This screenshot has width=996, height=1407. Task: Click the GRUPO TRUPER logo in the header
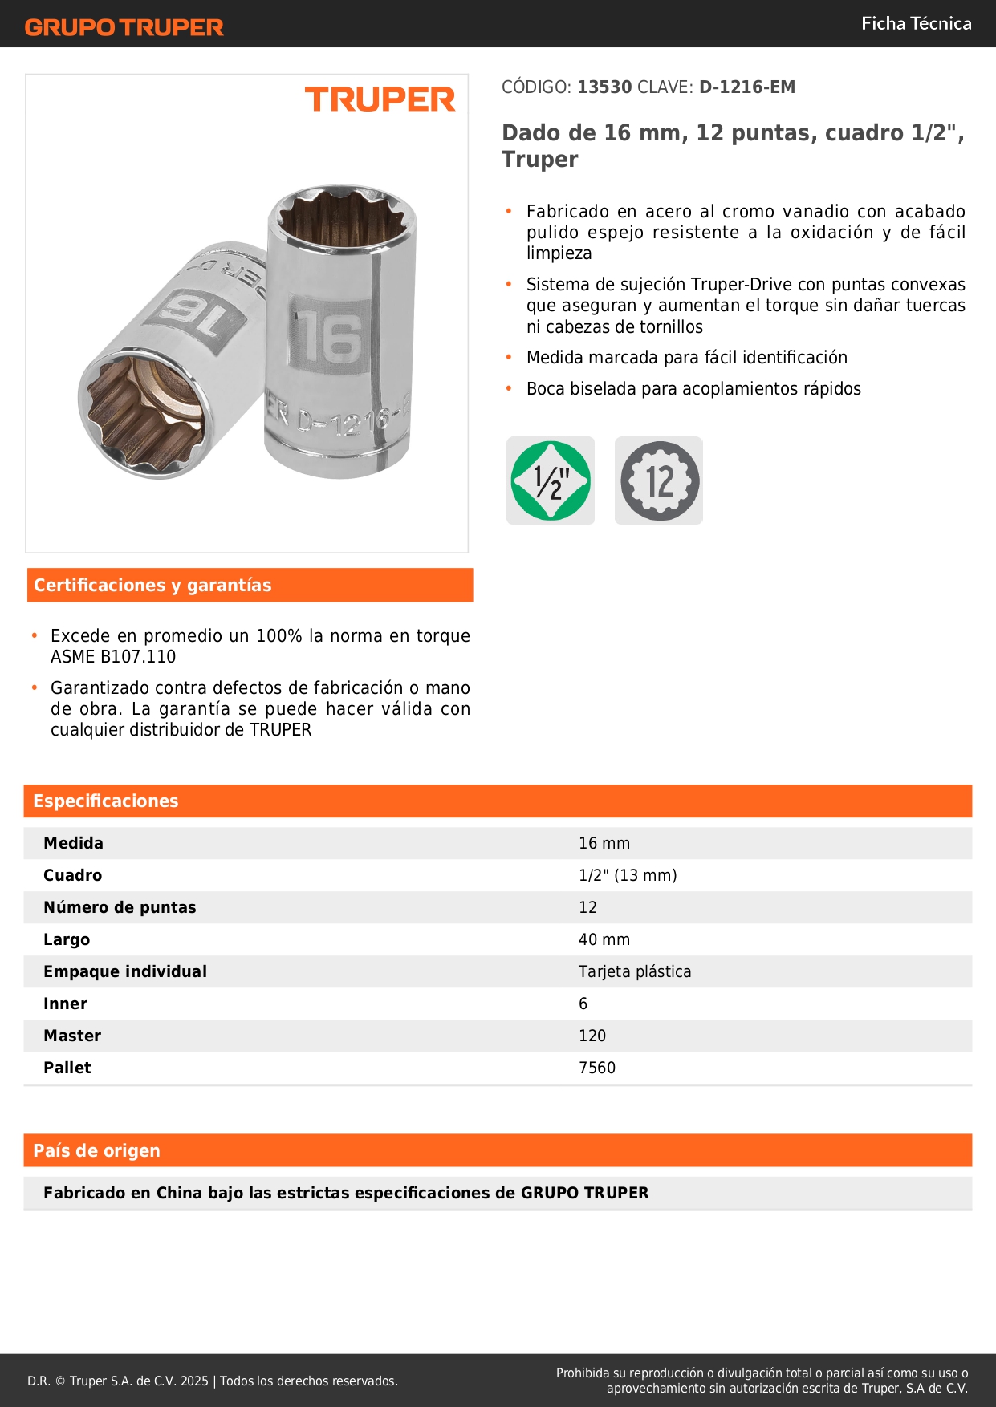click(124, 27)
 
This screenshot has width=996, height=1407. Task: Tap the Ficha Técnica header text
click(916, 23)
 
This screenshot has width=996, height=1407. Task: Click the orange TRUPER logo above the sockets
click(380, 99)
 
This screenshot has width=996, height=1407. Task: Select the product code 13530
click(604, 87)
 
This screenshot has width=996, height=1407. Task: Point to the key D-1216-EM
click(746, 87)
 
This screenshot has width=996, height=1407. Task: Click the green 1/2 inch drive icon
click(551, 480)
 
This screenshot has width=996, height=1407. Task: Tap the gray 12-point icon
click(659, 480)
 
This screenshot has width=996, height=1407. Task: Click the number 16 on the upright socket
click(330, 339)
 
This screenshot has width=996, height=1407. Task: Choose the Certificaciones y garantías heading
click(152, 585)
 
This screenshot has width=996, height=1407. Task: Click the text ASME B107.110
click(113, 657)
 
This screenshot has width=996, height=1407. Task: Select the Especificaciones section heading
click(106, 801)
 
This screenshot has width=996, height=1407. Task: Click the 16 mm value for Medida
click(604, 843)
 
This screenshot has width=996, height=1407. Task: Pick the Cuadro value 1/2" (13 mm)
click(628, 875)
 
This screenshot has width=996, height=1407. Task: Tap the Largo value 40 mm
click(604, 939)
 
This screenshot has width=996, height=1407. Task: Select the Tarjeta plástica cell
click(635, 971)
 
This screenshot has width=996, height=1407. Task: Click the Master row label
click(72, 1036)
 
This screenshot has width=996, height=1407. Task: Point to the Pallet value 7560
click(597, 1068)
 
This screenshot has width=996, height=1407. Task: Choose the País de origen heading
click(96, 1150)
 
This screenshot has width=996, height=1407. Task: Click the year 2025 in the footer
click(194, 1381)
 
